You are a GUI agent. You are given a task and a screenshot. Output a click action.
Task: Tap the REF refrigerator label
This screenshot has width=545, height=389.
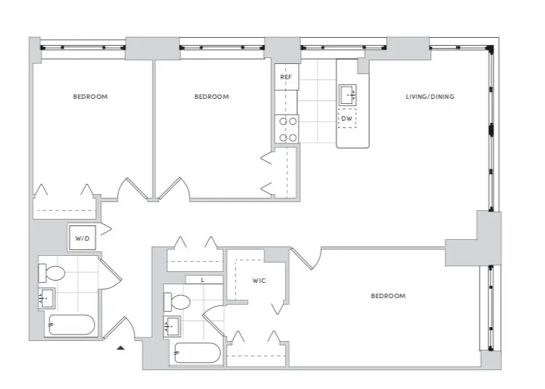286,75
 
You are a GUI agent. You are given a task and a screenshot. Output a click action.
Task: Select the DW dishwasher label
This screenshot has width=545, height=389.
347,118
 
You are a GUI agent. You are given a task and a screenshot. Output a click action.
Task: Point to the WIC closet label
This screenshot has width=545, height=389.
260,279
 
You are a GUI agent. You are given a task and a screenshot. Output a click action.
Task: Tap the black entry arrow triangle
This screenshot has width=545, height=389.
121,348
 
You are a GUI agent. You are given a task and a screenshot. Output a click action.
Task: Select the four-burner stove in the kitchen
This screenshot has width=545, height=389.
286,129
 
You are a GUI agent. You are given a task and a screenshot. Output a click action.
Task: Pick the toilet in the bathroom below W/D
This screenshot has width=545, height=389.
52,274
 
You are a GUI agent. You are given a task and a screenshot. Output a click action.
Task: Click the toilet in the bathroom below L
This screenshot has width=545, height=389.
177,301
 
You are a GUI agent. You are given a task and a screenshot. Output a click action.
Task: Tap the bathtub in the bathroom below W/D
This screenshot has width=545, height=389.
70,325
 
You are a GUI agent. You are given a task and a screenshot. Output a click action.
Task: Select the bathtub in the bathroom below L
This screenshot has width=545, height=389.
196,353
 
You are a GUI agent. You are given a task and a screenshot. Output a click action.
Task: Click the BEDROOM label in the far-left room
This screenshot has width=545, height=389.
90,97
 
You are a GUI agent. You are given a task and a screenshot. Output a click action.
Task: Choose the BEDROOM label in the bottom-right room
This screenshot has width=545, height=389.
388,296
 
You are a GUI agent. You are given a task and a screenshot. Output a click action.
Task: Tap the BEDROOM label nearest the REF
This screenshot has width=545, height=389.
211,97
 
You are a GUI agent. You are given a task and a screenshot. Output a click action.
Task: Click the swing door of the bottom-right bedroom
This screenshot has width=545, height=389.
307,258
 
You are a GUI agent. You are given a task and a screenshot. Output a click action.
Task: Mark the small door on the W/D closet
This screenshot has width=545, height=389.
104,230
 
